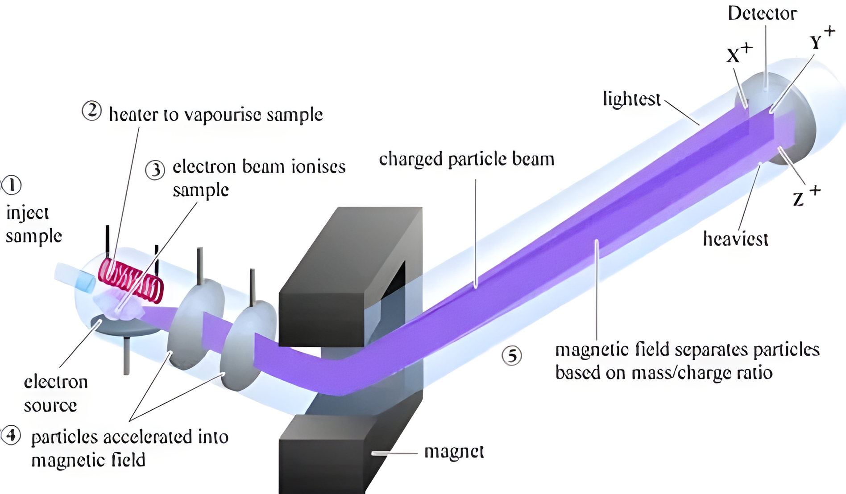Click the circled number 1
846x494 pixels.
coord(12,185)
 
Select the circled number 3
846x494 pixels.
coord(155,170)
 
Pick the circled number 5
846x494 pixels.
coord(511,356)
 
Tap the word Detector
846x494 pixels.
coord(762,13)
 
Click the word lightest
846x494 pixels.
coord(631,99)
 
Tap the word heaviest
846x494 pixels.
coord(735,239)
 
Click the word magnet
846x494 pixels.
coord(454,452)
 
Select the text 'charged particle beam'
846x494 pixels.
coord(466,159)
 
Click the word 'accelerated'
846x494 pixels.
coord(147,437)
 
